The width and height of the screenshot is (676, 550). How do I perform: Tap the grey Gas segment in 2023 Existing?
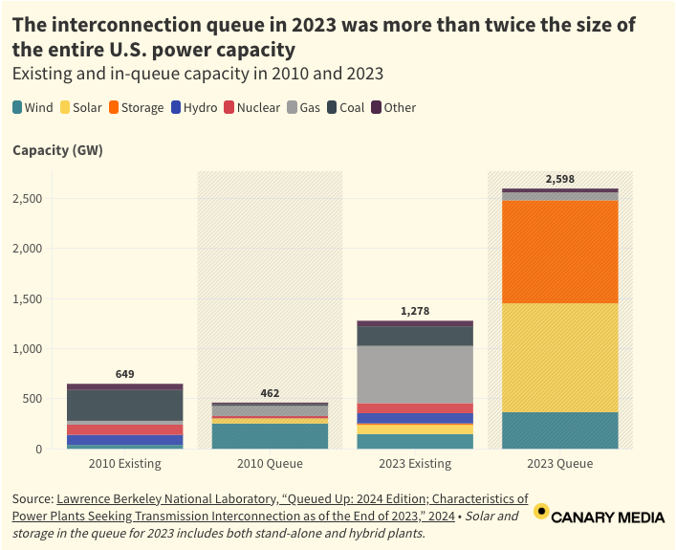coord(414,374)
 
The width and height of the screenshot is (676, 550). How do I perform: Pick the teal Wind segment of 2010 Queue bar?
coord(270,435)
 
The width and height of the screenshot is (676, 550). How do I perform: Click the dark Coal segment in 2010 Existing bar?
coord(124,405)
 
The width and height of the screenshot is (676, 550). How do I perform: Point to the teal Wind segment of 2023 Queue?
coord(559,430)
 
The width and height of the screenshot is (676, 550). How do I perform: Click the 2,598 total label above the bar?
coord(560,179)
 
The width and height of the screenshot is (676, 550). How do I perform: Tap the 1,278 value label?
coord(415,311)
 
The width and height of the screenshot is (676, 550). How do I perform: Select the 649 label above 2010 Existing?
coord(124,375)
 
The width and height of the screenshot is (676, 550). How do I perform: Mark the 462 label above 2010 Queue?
coord(270,393)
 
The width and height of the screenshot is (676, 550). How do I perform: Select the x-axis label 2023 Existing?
coord(414,464)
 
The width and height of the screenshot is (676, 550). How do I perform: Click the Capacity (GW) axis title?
coord(57,150)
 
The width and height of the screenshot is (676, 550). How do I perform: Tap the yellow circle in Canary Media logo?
coord(541,512)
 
